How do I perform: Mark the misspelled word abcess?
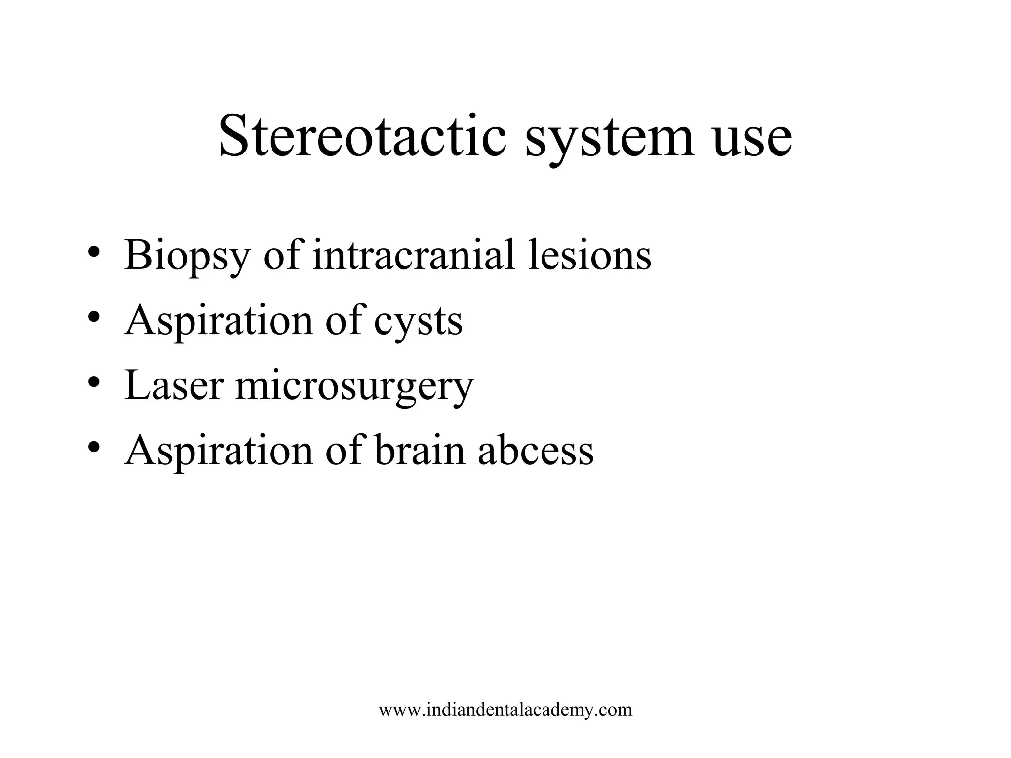coord(536,451)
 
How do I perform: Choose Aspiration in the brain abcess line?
coord(219,451)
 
